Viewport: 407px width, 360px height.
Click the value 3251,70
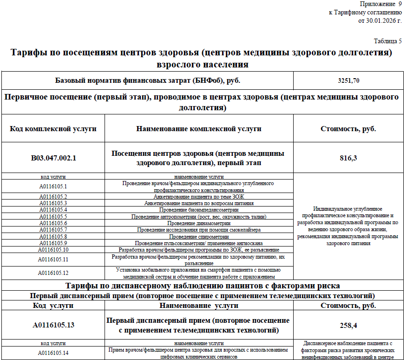click(348, 80)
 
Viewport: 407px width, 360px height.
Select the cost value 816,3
click(348, 158)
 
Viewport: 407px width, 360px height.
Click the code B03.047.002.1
click(53, 158)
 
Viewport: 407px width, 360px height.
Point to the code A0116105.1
click(53, 187)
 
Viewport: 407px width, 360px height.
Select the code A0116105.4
click(53, 210)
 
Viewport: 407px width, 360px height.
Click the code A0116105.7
click(53, 230)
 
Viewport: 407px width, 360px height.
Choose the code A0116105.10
click(53, 250)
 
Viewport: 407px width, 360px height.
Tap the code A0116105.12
click(53, 273)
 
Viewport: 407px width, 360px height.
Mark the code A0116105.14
click(53, 353)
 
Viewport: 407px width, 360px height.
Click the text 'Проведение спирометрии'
click(199, 237)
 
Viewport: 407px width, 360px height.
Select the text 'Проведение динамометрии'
click(199, 223)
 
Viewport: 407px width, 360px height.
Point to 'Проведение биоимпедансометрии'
click(199, 210)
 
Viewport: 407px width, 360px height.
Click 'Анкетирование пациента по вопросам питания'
click(199, 203)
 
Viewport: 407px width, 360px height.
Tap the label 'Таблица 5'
click(388, 41)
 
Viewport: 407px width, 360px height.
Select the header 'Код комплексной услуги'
click(53, 128)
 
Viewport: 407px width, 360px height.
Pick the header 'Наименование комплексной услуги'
click(199, 128)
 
